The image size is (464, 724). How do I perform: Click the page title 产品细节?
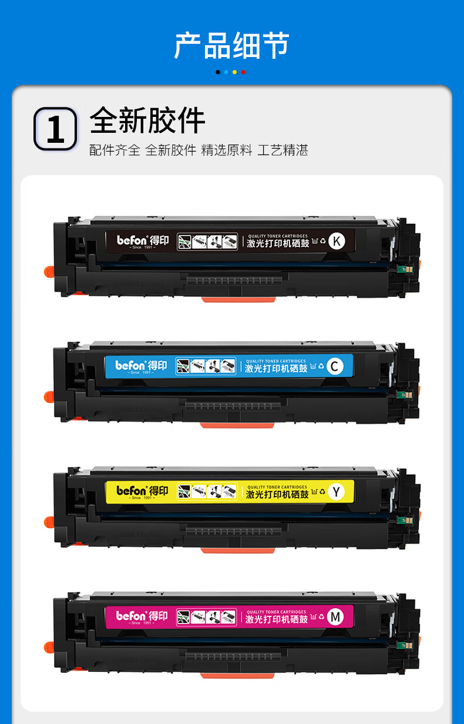pyautogui.click(x=231, y=45)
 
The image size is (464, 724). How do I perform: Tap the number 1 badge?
pyautogui.click(x=55, y=129)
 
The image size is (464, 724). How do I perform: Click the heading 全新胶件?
pyautogui.click(x=147, y=121)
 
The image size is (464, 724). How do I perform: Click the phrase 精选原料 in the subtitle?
pyautogui.click(x=227, y=150)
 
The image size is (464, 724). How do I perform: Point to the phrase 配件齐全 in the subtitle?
pyautogui.click(x=115, y=150)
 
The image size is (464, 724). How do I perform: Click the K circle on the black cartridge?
pyautogui.click(x=337, y=241)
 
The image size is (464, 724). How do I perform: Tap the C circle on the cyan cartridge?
pyautogui.click(x=334, y=367)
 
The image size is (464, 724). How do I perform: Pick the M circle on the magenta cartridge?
pyautogui.click(x=335, y=617)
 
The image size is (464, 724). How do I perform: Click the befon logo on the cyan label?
pyautogui.click(x=130, y=366)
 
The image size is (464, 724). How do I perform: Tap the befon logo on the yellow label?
pyautogui.click(x=131, y=491)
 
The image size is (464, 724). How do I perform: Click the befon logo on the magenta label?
pyautogui.click(x=130, y=616)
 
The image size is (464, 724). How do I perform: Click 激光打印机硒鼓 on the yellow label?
pyautogui.click(x=277, y=495)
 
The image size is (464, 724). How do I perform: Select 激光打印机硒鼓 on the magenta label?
pyautogui.click(x=277, y=619)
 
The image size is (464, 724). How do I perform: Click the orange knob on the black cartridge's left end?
pyautogui.click(x=49, y=271)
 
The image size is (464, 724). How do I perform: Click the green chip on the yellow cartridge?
pyautogui.click(x=402, y=519)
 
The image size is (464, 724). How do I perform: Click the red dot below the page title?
pyautogui.click(x=243, y=72)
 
